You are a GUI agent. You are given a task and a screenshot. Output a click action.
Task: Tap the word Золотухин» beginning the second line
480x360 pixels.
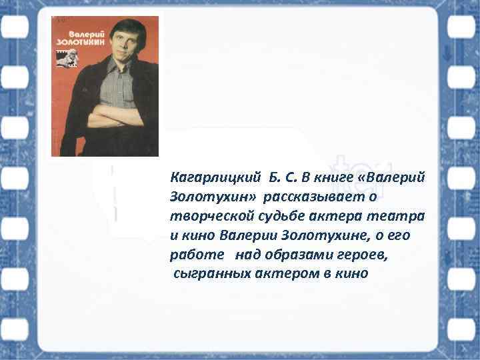tap(213, 197)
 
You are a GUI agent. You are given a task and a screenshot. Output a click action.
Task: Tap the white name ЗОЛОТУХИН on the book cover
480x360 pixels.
tap(75, 40)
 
